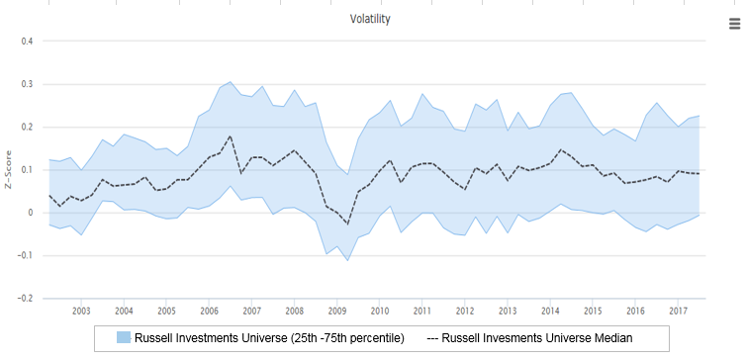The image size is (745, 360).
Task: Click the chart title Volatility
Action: [x=370, y=19]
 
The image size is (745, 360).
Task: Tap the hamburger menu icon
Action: [x=735, y=24]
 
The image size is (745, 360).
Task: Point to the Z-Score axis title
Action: [x=8, y=169]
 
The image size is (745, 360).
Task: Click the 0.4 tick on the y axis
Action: [x=27, y=42]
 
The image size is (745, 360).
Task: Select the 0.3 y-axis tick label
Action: [x=27, y=84]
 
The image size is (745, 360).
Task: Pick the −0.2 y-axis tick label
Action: [x=25, y=299]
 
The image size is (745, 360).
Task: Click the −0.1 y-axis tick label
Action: [x=25, y=255]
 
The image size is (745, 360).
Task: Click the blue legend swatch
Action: [x=124, y=337]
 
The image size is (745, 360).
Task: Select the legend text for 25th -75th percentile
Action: [x=269, y=338]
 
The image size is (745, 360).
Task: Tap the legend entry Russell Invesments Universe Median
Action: [x=529, y=338]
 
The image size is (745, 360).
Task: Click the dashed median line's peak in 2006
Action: [x=231, y=135]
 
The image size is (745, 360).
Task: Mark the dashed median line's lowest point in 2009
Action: [x=347, y=225]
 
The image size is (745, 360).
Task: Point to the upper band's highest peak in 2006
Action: [x=231, y=82]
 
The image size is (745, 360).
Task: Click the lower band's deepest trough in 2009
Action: [x=347, y=261]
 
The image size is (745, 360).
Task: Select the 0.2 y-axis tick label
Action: [x=27, y=128]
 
